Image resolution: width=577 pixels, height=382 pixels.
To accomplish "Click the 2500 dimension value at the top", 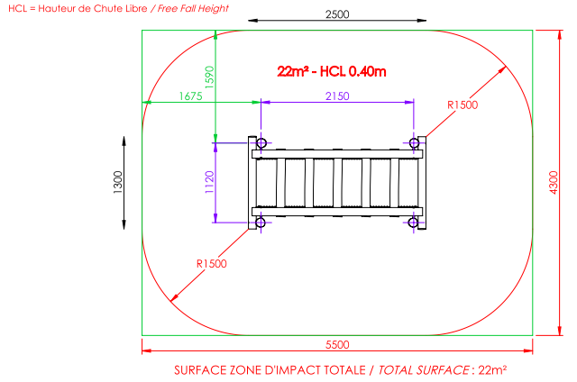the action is click(337, 14).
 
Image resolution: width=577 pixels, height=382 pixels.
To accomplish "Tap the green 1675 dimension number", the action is click(190, 96).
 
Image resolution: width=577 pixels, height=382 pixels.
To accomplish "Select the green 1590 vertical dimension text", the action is click(209, 77).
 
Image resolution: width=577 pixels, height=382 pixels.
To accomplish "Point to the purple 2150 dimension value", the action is click(337, 96).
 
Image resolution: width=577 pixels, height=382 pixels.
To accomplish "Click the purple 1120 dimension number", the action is click(209, 182).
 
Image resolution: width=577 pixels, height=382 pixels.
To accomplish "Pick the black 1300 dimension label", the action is click(117, 182).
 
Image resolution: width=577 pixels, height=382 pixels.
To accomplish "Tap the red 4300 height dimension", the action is click(553, 182).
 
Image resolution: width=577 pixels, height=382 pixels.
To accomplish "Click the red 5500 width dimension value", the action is click(337, 344).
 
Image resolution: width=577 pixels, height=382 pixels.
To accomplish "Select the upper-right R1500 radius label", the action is click(463, 105).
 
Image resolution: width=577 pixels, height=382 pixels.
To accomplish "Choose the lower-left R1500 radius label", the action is click(212, 264).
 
